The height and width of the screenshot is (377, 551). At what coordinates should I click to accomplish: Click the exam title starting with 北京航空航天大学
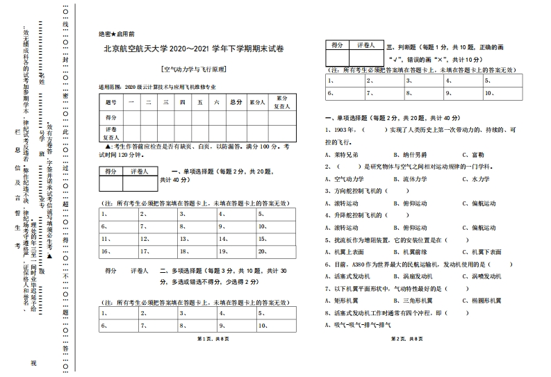[x=194, y=49]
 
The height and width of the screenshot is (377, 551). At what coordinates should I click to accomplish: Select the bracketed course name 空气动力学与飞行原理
[x=194, y=69]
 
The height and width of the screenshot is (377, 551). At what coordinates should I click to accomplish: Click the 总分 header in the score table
[x=236, y=102]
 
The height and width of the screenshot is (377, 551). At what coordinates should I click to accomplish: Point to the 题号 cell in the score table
[x=111, y=102]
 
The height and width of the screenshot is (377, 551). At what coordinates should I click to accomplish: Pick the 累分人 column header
[x=258, y=102]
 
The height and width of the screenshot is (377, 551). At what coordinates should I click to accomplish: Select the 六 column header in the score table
[x=217, y=102]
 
